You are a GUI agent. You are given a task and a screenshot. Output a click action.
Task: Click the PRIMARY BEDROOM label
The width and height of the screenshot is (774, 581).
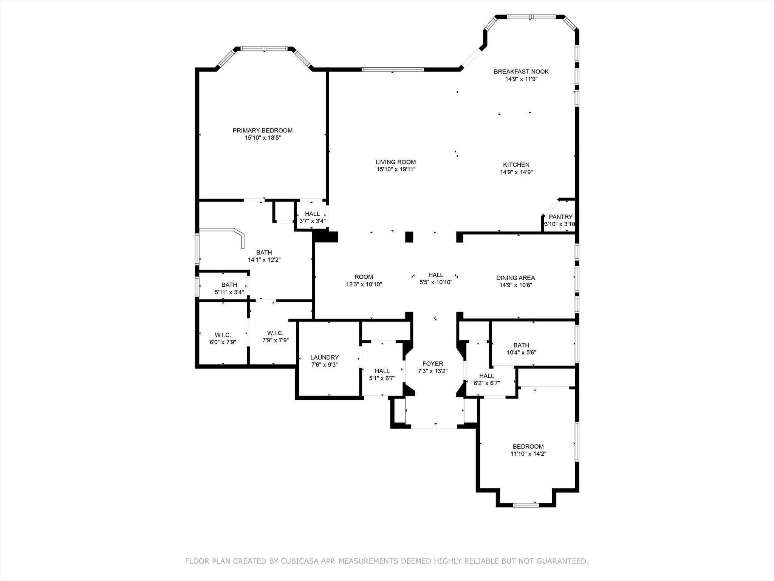point(262,130)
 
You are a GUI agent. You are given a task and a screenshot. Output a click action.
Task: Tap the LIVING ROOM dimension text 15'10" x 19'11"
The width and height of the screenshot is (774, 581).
point(396,169)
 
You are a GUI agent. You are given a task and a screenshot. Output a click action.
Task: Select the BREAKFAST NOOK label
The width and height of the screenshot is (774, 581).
point(521,71)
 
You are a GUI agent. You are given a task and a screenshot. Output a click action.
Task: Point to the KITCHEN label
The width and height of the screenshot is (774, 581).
point(516,165)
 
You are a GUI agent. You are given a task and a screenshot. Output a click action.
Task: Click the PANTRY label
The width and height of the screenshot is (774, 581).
point(560,217)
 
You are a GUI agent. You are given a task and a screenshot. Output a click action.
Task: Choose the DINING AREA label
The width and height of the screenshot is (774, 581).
point(515,278)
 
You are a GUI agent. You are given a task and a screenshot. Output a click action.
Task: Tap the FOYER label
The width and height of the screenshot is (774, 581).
point(433,364)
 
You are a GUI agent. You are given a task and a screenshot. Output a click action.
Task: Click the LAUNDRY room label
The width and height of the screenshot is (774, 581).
point(324,357)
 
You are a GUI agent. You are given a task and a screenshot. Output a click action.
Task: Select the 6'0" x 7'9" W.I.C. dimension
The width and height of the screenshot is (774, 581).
point(223,342)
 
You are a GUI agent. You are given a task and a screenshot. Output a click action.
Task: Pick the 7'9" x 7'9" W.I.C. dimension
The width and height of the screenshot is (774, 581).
point(276,340)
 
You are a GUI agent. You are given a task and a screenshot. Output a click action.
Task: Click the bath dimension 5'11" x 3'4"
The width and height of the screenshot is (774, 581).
point(229,292)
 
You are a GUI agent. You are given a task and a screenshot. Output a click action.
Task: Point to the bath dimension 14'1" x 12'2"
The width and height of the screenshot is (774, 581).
point(264,260)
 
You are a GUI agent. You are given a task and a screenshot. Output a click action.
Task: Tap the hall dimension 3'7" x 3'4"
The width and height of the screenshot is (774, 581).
point(312,221)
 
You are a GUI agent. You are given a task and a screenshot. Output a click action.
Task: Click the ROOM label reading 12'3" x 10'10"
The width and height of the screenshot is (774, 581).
point(364,277)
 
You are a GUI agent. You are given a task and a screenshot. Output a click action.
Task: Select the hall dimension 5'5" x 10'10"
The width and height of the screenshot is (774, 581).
point(436,282)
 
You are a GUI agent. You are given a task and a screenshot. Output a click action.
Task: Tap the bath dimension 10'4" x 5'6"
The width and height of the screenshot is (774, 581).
point(521,353)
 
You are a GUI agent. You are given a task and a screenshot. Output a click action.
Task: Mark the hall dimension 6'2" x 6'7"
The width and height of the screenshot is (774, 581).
point(486,383)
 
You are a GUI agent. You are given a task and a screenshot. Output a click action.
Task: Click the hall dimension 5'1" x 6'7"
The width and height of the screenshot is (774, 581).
point(382,378)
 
